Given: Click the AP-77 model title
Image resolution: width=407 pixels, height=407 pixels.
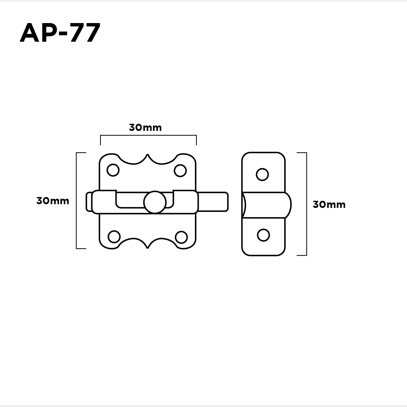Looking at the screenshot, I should (x=60, y=33).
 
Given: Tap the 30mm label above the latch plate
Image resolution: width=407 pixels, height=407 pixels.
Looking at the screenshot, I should (x=145, y=128).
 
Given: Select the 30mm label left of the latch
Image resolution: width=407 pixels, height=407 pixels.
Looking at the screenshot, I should (x=53, y=201).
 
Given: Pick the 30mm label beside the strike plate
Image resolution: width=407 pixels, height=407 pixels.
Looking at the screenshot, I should (x=329, y=205).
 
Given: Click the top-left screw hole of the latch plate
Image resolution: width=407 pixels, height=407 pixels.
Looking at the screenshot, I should (x=113, y=170).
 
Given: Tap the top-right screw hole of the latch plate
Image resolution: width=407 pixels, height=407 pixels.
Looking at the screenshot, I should (x=180, y=170).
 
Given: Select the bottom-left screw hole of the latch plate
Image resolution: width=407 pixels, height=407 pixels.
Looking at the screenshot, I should (x=114, y=236).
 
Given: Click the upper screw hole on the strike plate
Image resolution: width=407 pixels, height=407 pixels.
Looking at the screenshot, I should (x=263, y=174).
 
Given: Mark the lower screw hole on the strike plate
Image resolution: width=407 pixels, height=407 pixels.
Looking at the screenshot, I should (x=263, y=235).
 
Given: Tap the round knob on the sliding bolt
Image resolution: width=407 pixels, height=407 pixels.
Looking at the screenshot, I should (x=155, y=202).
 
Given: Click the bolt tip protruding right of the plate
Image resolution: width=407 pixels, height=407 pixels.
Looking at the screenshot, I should (x=214, y=202).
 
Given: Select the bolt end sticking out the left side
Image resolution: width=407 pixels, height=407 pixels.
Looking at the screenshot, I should (x=89, y=202).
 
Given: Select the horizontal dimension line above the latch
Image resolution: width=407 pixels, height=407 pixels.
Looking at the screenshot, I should (x=148, y=136).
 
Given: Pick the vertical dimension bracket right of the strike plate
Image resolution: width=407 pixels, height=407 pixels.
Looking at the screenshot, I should (x=306, y=204).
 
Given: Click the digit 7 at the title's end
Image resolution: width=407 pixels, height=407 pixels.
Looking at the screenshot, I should (x=91, y=33).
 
